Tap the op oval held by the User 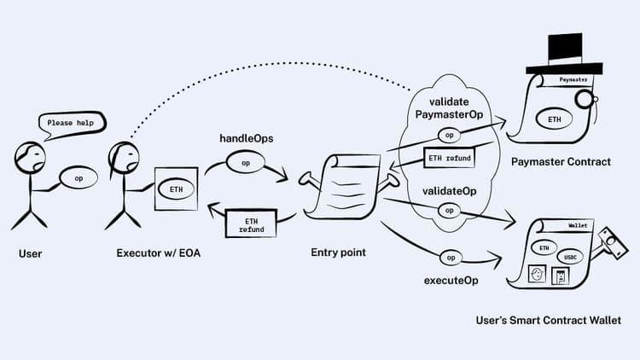(x=79, y=178)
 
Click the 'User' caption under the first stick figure (x=30, y=254)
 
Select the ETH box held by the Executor (x=177, y=188)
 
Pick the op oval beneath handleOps (x=246, y=162)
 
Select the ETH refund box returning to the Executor (x=246, y=224)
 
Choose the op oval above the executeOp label (x=451, y=257)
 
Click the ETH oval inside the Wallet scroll (x=544, y=247)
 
